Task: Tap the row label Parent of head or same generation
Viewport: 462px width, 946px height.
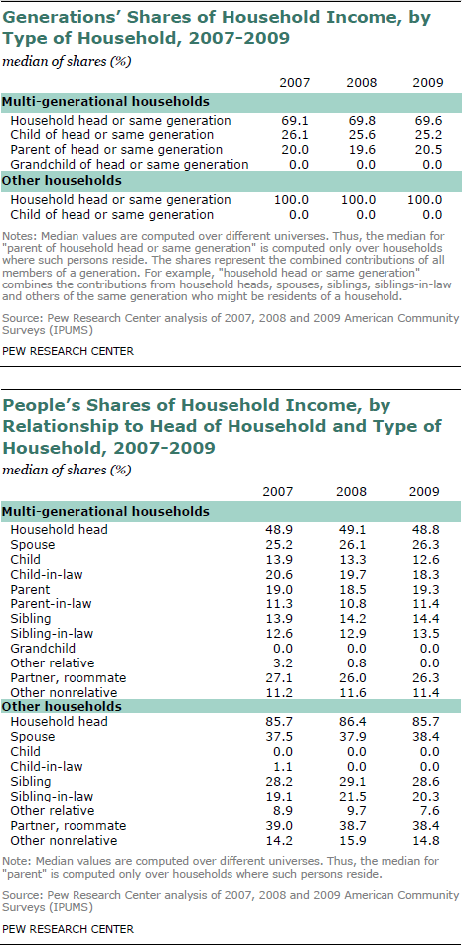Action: click(x=117, y=149)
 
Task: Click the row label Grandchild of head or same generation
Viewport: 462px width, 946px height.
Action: click(x=129, y=165)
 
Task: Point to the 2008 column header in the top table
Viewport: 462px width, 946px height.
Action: click(x=361, y=82)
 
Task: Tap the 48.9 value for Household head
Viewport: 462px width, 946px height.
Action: click(x=278, y=530)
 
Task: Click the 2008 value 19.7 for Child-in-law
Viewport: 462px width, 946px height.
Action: click(x=351, y=574)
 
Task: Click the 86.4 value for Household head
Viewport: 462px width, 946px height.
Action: click(x=351, y=721)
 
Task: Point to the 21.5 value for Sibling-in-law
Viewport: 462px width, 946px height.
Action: click(x=351, y=796)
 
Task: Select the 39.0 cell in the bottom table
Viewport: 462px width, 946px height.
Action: click(x=278, y=826)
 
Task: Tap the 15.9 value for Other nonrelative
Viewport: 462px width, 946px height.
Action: click(x=351, y=841)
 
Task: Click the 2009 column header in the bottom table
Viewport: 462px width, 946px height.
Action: click(x=424, y=491)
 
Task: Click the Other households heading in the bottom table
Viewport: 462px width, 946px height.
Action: click(x=63, y=706)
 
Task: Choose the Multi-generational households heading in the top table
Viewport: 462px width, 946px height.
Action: click(x=106, y=101)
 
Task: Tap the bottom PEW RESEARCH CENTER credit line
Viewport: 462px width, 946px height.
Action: click(x=69, y=929)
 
